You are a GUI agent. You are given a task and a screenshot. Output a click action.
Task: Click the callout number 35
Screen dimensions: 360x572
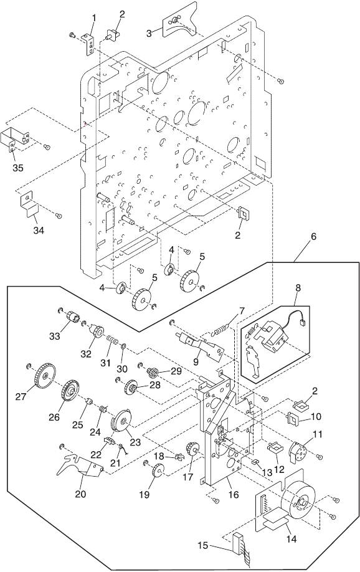[x=18, y=168]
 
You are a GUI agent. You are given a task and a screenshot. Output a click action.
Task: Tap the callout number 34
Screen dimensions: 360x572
[x=39, y=231]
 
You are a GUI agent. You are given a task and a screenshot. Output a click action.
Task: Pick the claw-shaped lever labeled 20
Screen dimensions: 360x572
[x=82, y=465]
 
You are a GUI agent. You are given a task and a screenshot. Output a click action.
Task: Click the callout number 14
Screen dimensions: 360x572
[x=291, y=539]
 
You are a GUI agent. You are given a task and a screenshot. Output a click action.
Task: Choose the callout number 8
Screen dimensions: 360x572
[x=298, y=287]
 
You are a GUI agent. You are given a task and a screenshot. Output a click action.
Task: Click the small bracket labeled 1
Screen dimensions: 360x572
[x=89, y=45]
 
